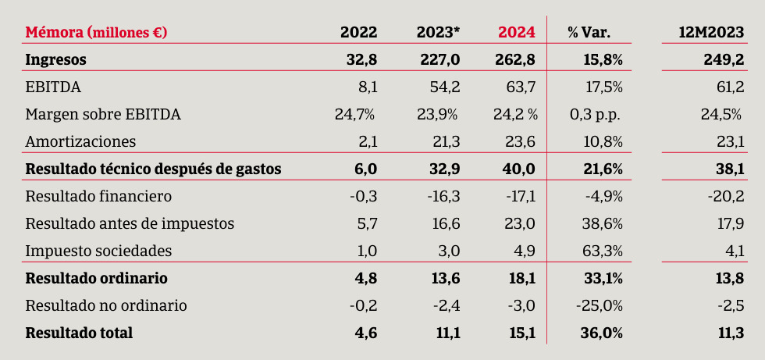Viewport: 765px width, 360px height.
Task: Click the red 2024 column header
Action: [517, 32]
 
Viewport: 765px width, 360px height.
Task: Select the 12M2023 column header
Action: [712, 32]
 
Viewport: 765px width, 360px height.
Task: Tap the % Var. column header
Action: [589, 32]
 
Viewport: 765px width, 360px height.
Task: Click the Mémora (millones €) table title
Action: [96, 32]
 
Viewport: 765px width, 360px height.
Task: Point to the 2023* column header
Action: [439, 32]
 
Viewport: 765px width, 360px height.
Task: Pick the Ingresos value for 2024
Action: [515, 59]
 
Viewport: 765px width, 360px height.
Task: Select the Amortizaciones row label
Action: [81, 141]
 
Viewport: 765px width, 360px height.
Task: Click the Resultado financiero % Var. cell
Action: [604, 196]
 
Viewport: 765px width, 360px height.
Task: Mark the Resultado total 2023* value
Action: [447, 333]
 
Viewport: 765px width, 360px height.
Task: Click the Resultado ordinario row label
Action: [96, 278]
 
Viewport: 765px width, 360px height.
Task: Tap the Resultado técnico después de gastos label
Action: [153, 169]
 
